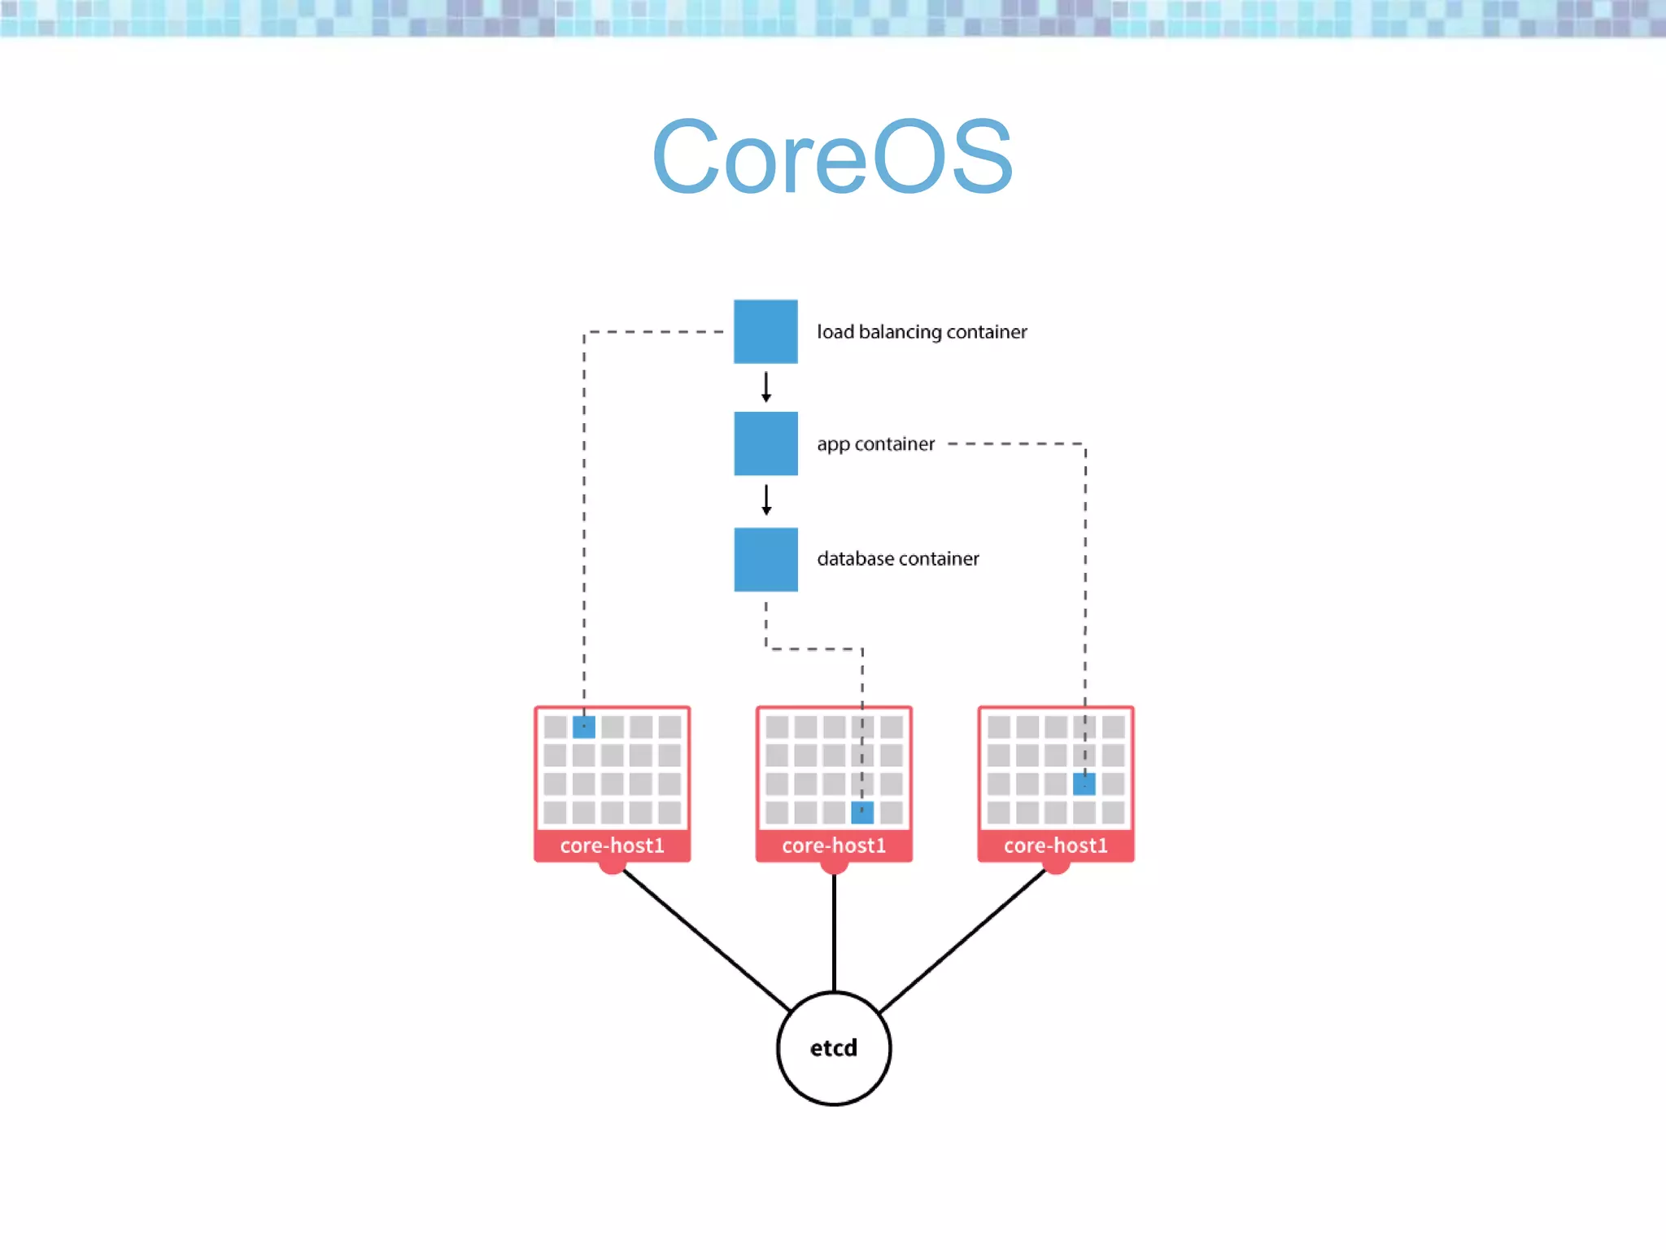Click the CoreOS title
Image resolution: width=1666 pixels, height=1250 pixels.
(x=832, y=157)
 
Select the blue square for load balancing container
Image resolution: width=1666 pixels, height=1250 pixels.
(x=765, y=331)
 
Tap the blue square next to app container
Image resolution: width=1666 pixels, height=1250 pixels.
(x=765, y=444)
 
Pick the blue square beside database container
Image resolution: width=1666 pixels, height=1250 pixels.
(x=765, y=559)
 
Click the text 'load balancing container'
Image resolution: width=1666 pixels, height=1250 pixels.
(x=922, y=332)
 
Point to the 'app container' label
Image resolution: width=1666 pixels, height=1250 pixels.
(x=875, y=444)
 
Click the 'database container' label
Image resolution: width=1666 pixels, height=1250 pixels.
(x=897, y=559)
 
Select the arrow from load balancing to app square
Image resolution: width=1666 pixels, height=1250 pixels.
(x=765, y=387)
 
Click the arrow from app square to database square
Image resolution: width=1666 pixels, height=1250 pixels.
(x=765, y=500)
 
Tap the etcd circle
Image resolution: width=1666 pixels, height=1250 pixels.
(x=833, y=1048)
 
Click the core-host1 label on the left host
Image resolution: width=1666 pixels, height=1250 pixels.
(x=612, y=846)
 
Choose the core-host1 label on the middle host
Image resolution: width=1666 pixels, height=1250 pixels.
(x=833, y=846)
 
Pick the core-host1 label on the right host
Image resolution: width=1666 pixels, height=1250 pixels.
(x=1055, y=846)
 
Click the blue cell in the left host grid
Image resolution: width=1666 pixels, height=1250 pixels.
(x=584, y=727)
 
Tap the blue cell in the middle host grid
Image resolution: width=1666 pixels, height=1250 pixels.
(x=862, y=812)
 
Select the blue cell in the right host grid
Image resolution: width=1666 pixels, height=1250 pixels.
(x=1084, y=784)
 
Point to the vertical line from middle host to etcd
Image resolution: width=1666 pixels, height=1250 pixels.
(x=834, y=932)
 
